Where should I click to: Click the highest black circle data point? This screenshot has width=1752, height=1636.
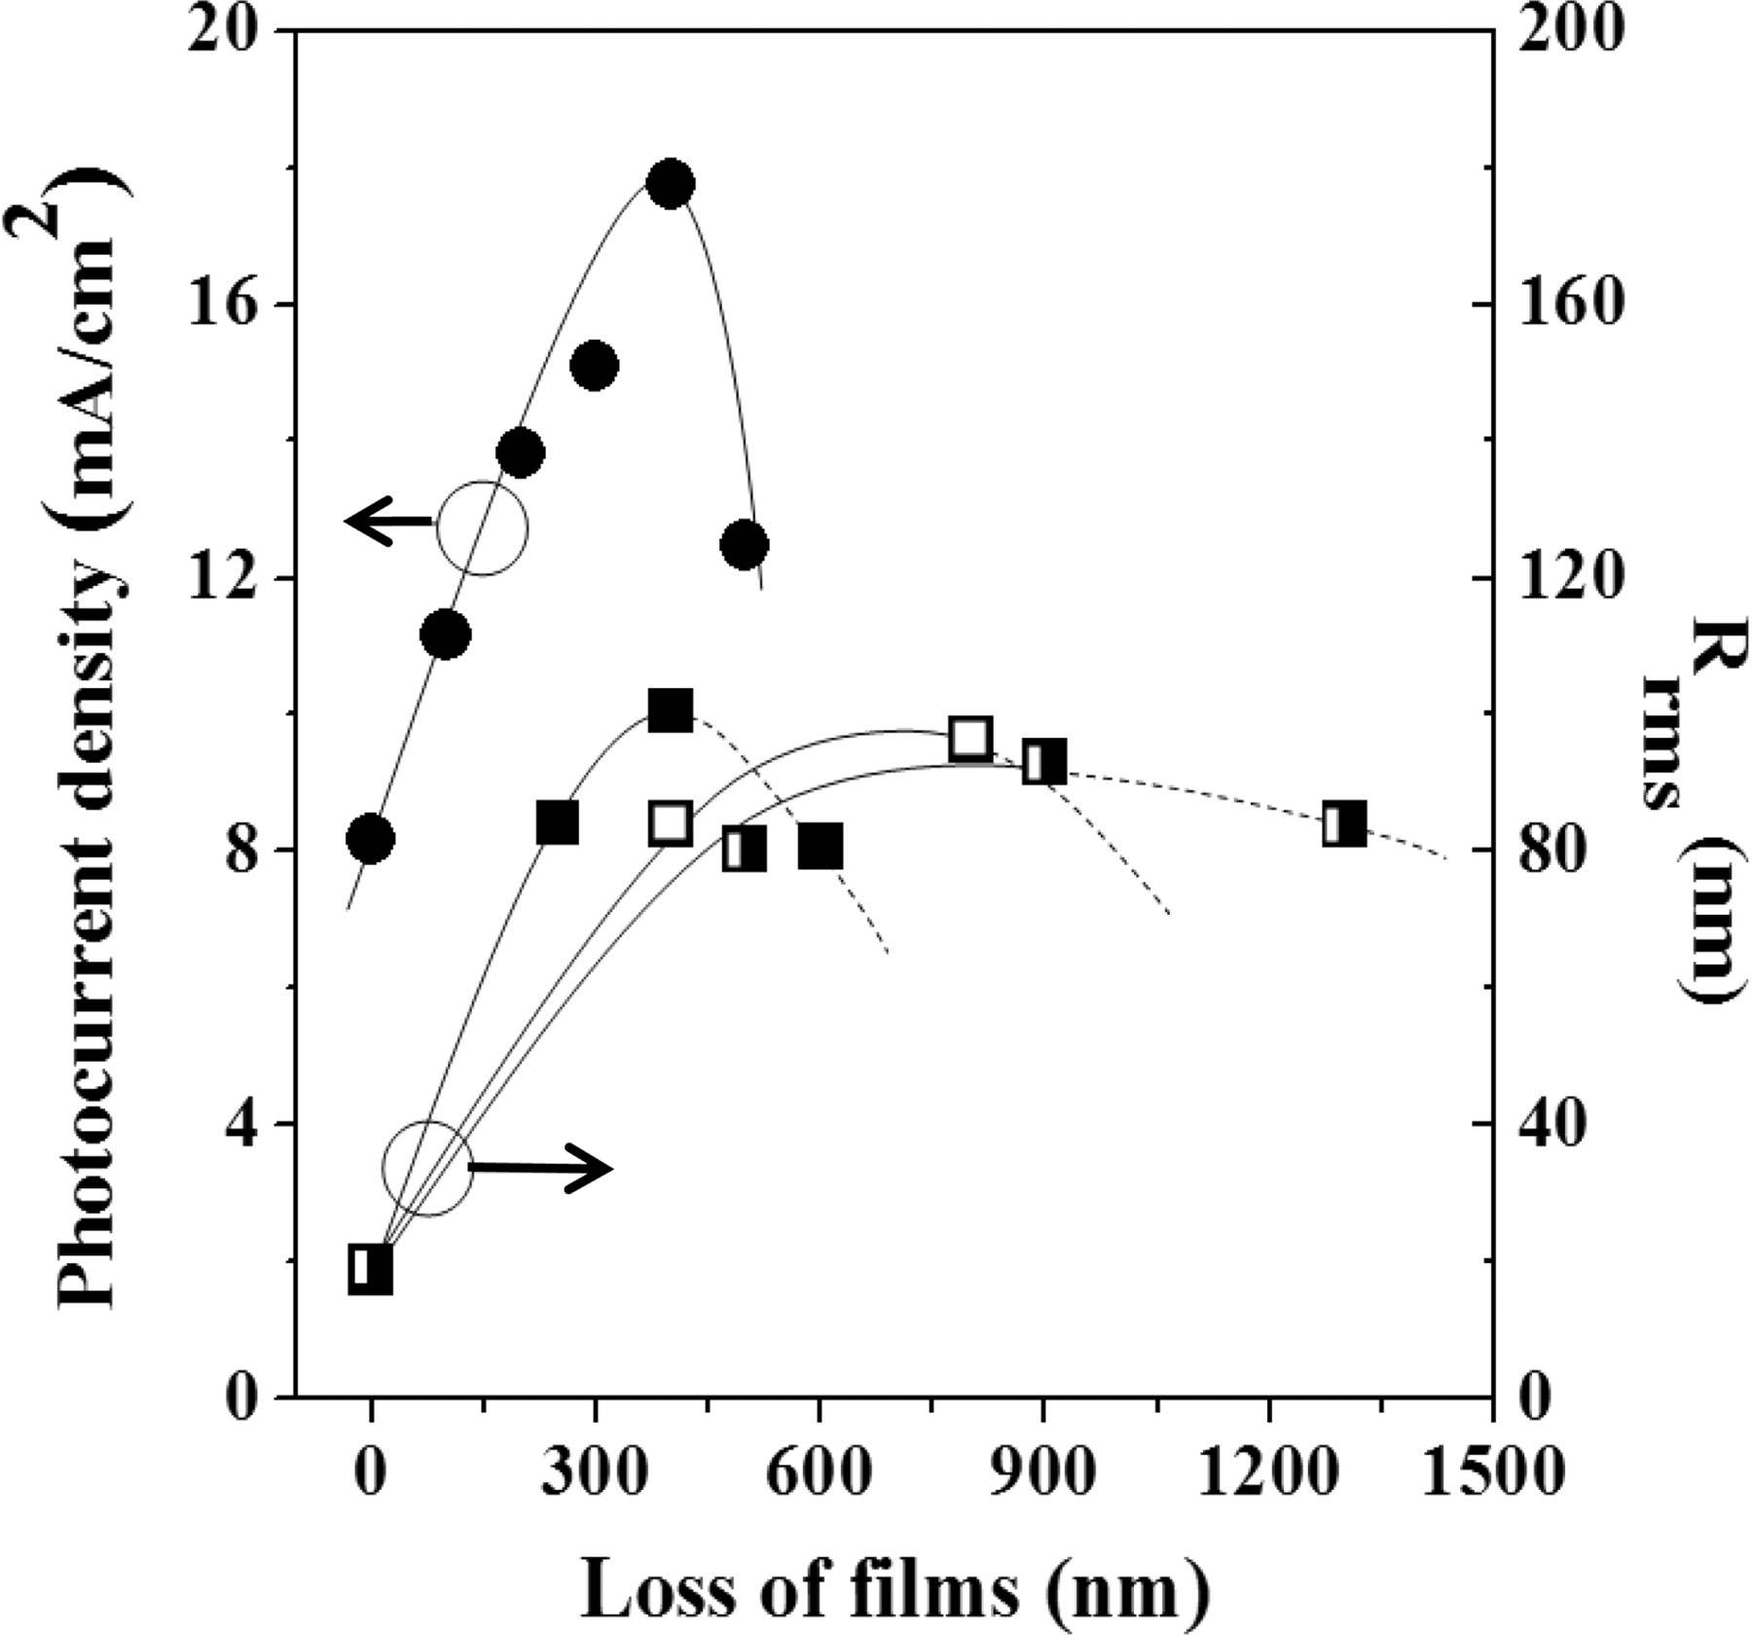(x=670, y=184)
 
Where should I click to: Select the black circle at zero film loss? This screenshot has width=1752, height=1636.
(x=370, y=838)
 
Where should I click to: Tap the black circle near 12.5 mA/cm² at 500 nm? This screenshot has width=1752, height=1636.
(x=745, y=544)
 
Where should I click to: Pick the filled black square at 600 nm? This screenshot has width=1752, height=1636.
(x=821, y=847)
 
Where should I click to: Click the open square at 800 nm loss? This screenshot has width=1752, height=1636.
(x=969, y=739)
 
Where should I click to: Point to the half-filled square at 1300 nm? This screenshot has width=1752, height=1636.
(x=1344, y=824)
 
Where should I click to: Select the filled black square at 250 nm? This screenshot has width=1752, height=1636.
(x=558, y=823)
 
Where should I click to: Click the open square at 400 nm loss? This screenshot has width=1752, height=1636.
(x=670, y=823)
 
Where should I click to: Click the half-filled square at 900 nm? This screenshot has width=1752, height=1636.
(x=1044, y=762)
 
